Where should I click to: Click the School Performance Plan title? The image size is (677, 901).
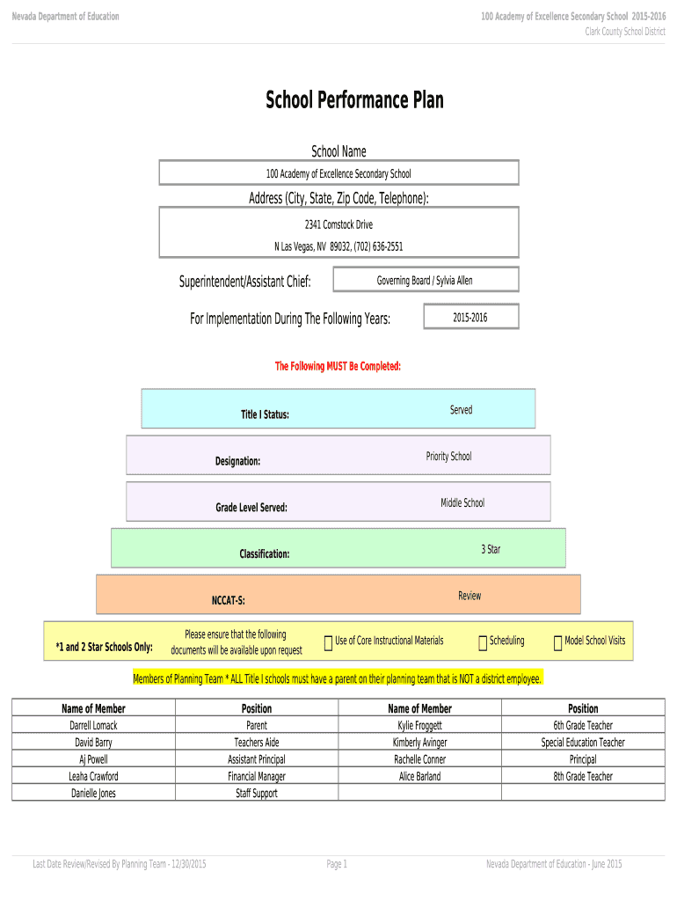354,101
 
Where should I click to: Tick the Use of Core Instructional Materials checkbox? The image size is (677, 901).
328,644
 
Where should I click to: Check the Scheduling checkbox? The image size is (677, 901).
483,644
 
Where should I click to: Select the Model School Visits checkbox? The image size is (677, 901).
557,644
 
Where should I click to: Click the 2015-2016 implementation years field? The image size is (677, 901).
470,318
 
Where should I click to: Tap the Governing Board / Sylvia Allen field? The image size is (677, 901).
425,281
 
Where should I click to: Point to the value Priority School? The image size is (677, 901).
448,457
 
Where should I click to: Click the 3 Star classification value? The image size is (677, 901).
491,550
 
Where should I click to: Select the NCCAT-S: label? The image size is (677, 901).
228,601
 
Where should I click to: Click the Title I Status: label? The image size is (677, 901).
265,414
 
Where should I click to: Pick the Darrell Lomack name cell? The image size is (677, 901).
93,726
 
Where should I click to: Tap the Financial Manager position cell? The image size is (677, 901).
256,777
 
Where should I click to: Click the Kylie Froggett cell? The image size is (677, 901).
419,726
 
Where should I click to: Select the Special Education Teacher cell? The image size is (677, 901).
583,743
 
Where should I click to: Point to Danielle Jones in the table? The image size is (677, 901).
93,794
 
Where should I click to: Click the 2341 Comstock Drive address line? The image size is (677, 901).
338,225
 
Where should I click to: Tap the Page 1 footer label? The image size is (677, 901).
338,865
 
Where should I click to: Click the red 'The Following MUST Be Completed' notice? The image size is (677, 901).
338,366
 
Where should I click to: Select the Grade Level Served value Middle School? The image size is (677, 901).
462,503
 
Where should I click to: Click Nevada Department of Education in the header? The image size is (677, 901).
65,17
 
